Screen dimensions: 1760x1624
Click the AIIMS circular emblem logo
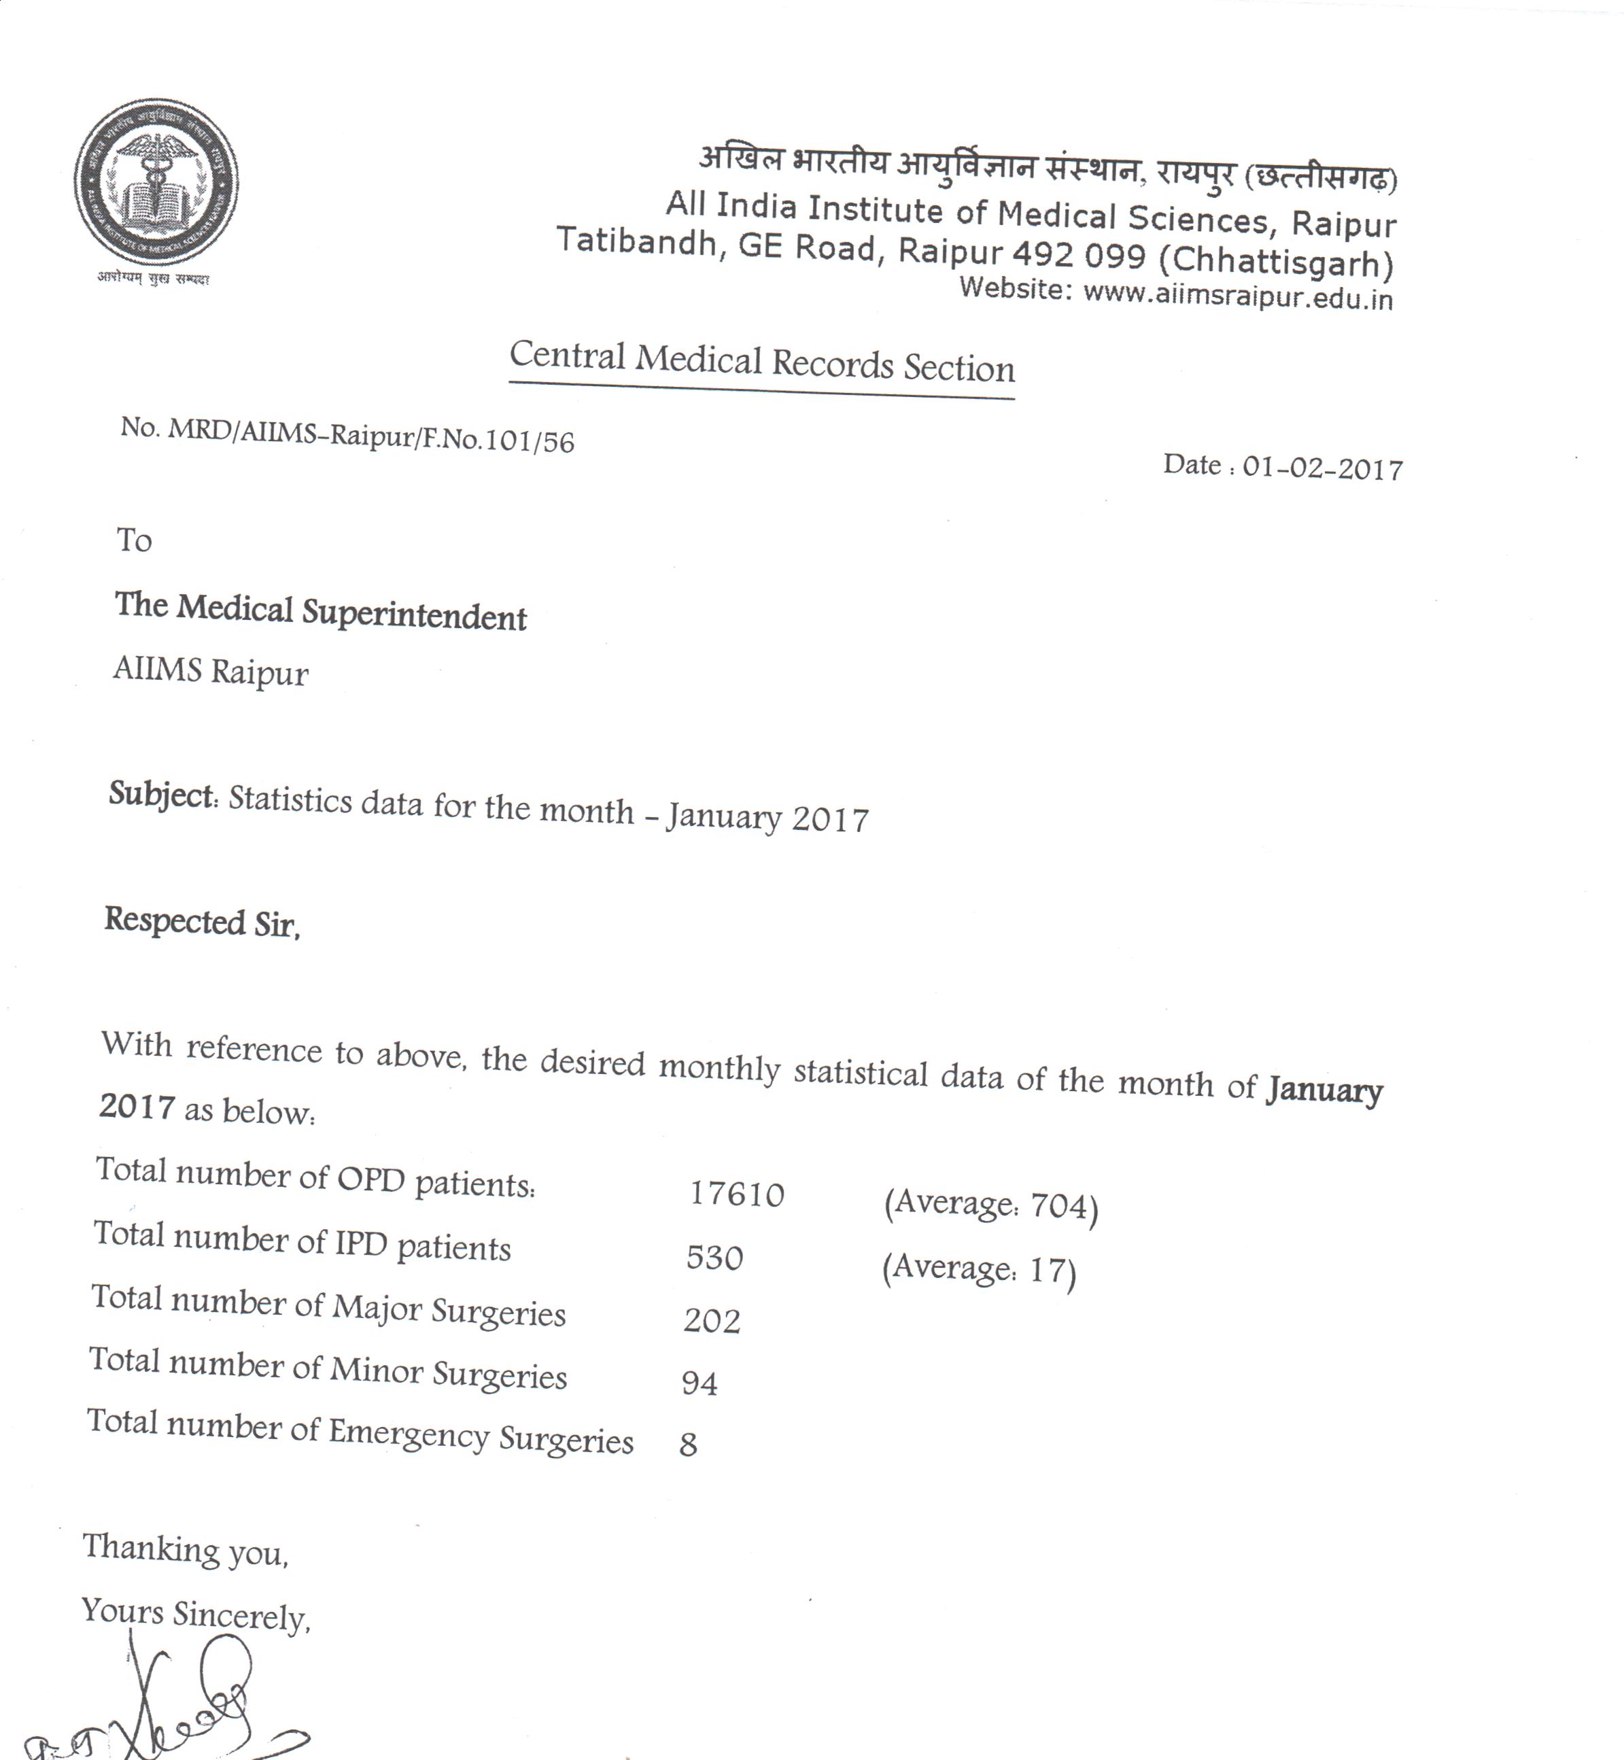pos(156,183)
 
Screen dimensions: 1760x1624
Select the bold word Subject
pos(162,794)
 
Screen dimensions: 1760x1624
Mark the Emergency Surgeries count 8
pos(688,1445)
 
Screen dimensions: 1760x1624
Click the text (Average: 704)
pos(990,1204)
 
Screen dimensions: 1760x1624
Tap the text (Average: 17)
pos(978,1269)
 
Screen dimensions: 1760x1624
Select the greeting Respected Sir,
pos(202,922)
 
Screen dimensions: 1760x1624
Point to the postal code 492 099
pos(1079,255)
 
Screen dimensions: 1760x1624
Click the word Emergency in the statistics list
pos(409,1432)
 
